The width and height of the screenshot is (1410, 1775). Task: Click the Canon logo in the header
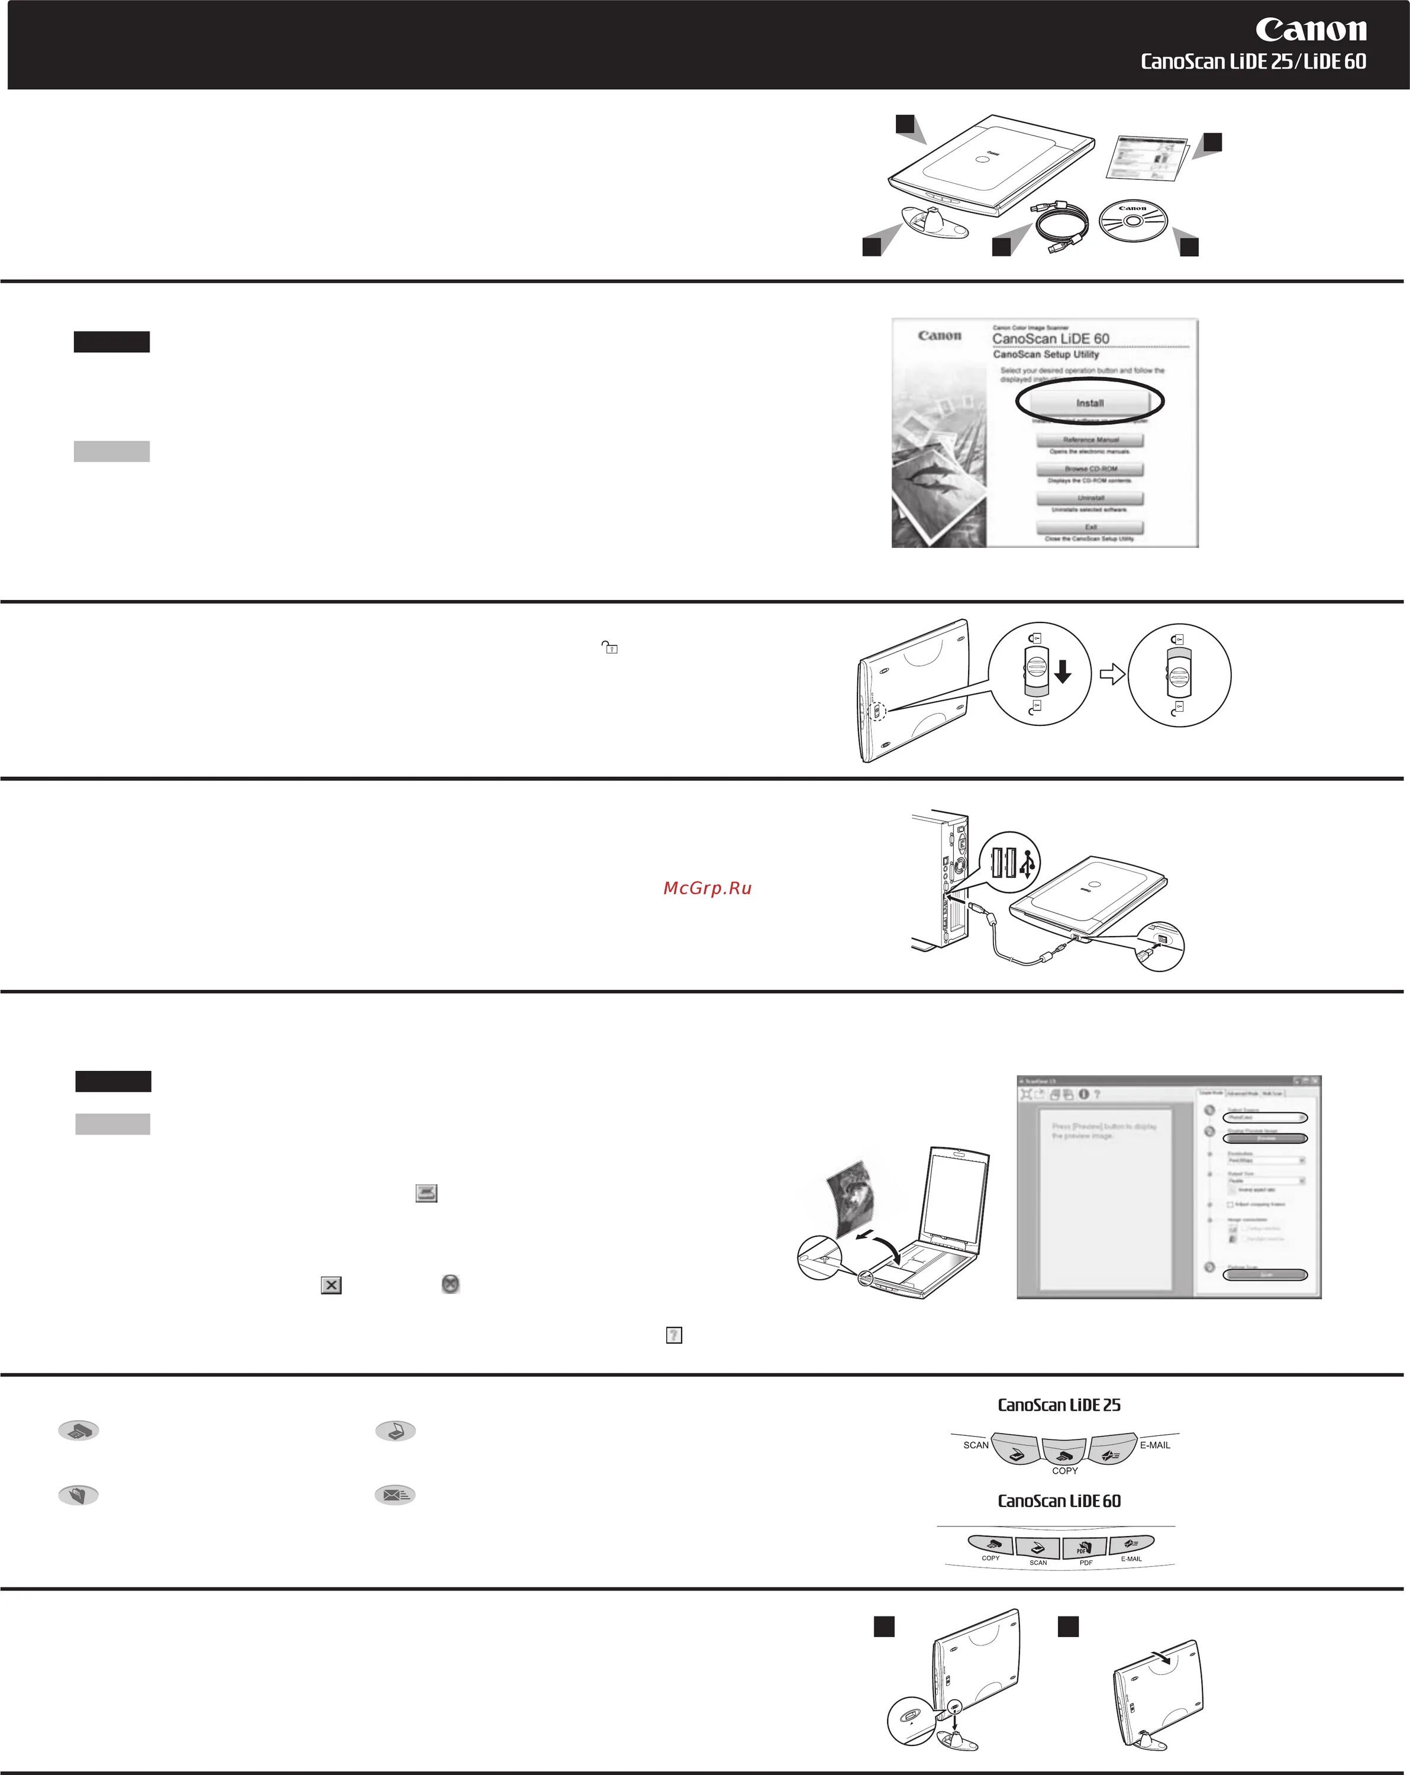click(x=1311, y=30)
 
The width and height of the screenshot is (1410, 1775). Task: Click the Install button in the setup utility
click(x=1090, y=402)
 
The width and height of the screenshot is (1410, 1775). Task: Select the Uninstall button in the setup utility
click(x=1090, y=498)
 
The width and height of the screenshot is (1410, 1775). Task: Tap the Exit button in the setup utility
click(x=1090, y=527)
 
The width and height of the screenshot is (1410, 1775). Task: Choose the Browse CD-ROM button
click(x=1090, y=469)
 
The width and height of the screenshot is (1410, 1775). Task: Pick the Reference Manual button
click(x=1090, y=440)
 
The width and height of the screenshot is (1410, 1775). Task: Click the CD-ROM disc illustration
click(x=1132, y=221)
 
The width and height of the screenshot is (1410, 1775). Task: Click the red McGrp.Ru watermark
click(x=707, y=887)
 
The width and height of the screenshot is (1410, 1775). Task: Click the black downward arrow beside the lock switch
click(x=1062, y=673)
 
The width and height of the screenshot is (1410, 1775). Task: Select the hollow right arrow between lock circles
click(x=1111, y=674)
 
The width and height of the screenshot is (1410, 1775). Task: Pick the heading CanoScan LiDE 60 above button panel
click(x=1059, y=1501)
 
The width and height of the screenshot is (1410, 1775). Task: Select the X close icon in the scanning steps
click(x=331, y=1285)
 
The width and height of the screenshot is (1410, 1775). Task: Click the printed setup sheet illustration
click(x=1145, y=157)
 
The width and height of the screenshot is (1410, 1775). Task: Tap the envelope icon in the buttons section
click(x=395, y=1495)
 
